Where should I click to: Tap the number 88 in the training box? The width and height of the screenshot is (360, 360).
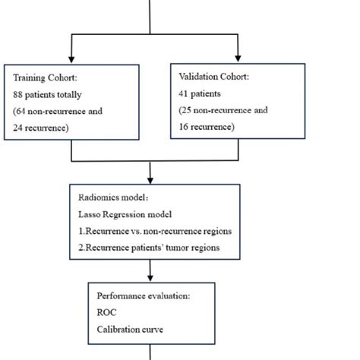point(19,95)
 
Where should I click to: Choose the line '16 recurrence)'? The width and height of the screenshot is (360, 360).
point(204,128)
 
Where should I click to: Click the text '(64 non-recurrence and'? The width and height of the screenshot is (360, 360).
point(58,111)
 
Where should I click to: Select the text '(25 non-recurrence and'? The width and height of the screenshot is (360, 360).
point(223,111)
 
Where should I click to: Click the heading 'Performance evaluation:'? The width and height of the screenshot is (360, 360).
point(144,295)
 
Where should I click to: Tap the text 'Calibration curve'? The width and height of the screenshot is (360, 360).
point(131,328)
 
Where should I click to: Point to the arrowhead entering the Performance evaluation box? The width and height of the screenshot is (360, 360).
point(154,277)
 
